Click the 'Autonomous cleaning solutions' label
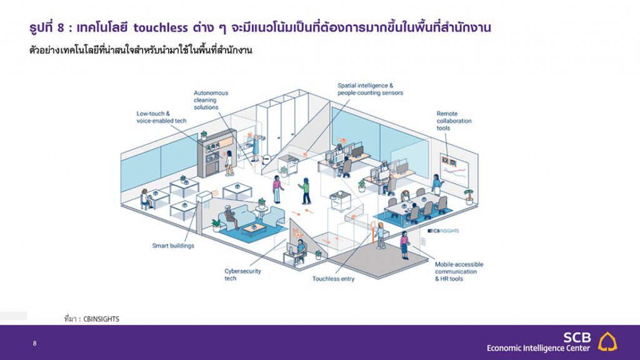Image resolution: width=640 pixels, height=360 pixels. point(211,100)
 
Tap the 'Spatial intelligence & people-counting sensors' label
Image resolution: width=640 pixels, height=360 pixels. point(370,89)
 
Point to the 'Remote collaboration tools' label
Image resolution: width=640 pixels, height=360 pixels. point(454,121)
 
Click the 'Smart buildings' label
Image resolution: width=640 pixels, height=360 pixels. point(173,246)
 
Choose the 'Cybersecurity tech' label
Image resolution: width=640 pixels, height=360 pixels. point(242,275)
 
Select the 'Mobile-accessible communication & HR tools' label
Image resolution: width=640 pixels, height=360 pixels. point(459,272)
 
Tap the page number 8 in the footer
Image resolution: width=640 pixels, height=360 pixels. point(35,343)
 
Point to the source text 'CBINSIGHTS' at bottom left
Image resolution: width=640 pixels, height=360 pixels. point(101,319)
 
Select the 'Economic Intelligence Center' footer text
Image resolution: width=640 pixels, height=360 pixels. point(538,348)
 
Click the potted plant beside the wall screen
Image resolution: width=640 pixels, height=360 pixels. point(469,196)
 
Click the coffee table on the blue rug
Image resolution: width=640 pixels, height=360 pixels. point(254,229)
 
